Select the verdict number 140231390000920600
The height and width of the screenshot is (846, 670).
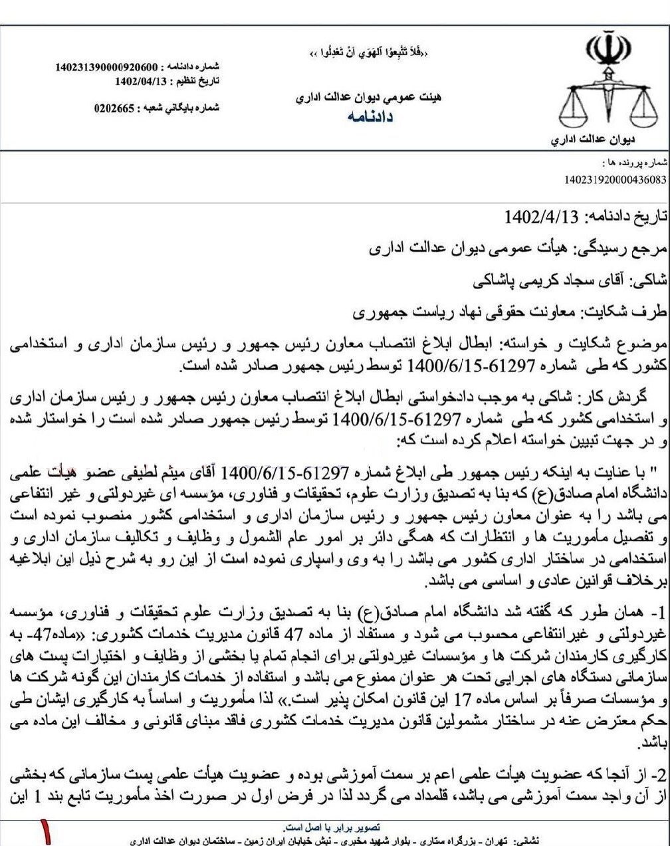coord(107,67)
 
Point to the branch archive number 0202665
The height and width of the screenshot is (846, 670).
coord(115,108)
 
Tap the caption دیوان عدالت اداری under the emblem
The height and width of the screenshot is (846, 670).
coord(593,140)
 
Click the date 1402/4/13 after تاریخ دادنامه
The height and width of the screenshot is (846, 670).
coord(542,218)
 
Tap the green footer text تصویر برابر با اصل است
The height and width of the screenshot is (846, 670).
coord(331,827)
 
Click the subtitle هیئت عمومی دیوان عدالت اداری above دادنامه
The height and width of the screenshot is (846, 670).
coord(368,98)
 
